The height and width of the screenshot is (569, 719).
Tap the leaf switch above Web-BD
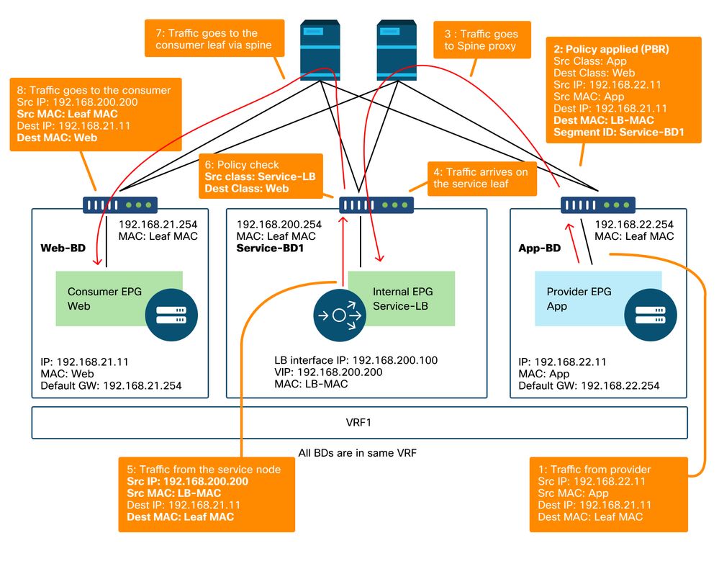tap(119, 205)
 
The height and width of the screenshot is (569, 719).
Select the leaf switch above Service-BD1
tap(376, 205)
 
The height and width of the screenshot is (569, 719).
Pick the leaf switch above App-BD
tap(598, 205)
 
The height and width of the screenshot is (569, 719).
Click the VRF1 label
tap(359, 423)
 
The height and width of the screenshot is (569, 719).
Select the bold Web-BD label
tap(62, 247)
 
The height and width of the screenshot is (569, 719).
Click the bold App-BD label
tap(539, 248)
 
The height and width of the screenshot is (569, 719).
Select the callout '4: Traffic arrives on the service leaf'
tap(481, 178)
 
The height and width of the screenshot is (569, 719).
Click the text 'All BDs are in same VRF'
tap(358, 454)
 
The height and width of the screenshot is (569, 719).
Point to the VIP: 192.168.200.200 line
tap(327, 372)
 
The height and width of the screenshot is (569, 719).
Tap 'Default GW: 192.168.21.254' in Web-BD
tap(112, 385)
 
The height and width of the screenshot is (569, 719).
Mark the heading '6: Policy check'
tap(243, 165)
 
